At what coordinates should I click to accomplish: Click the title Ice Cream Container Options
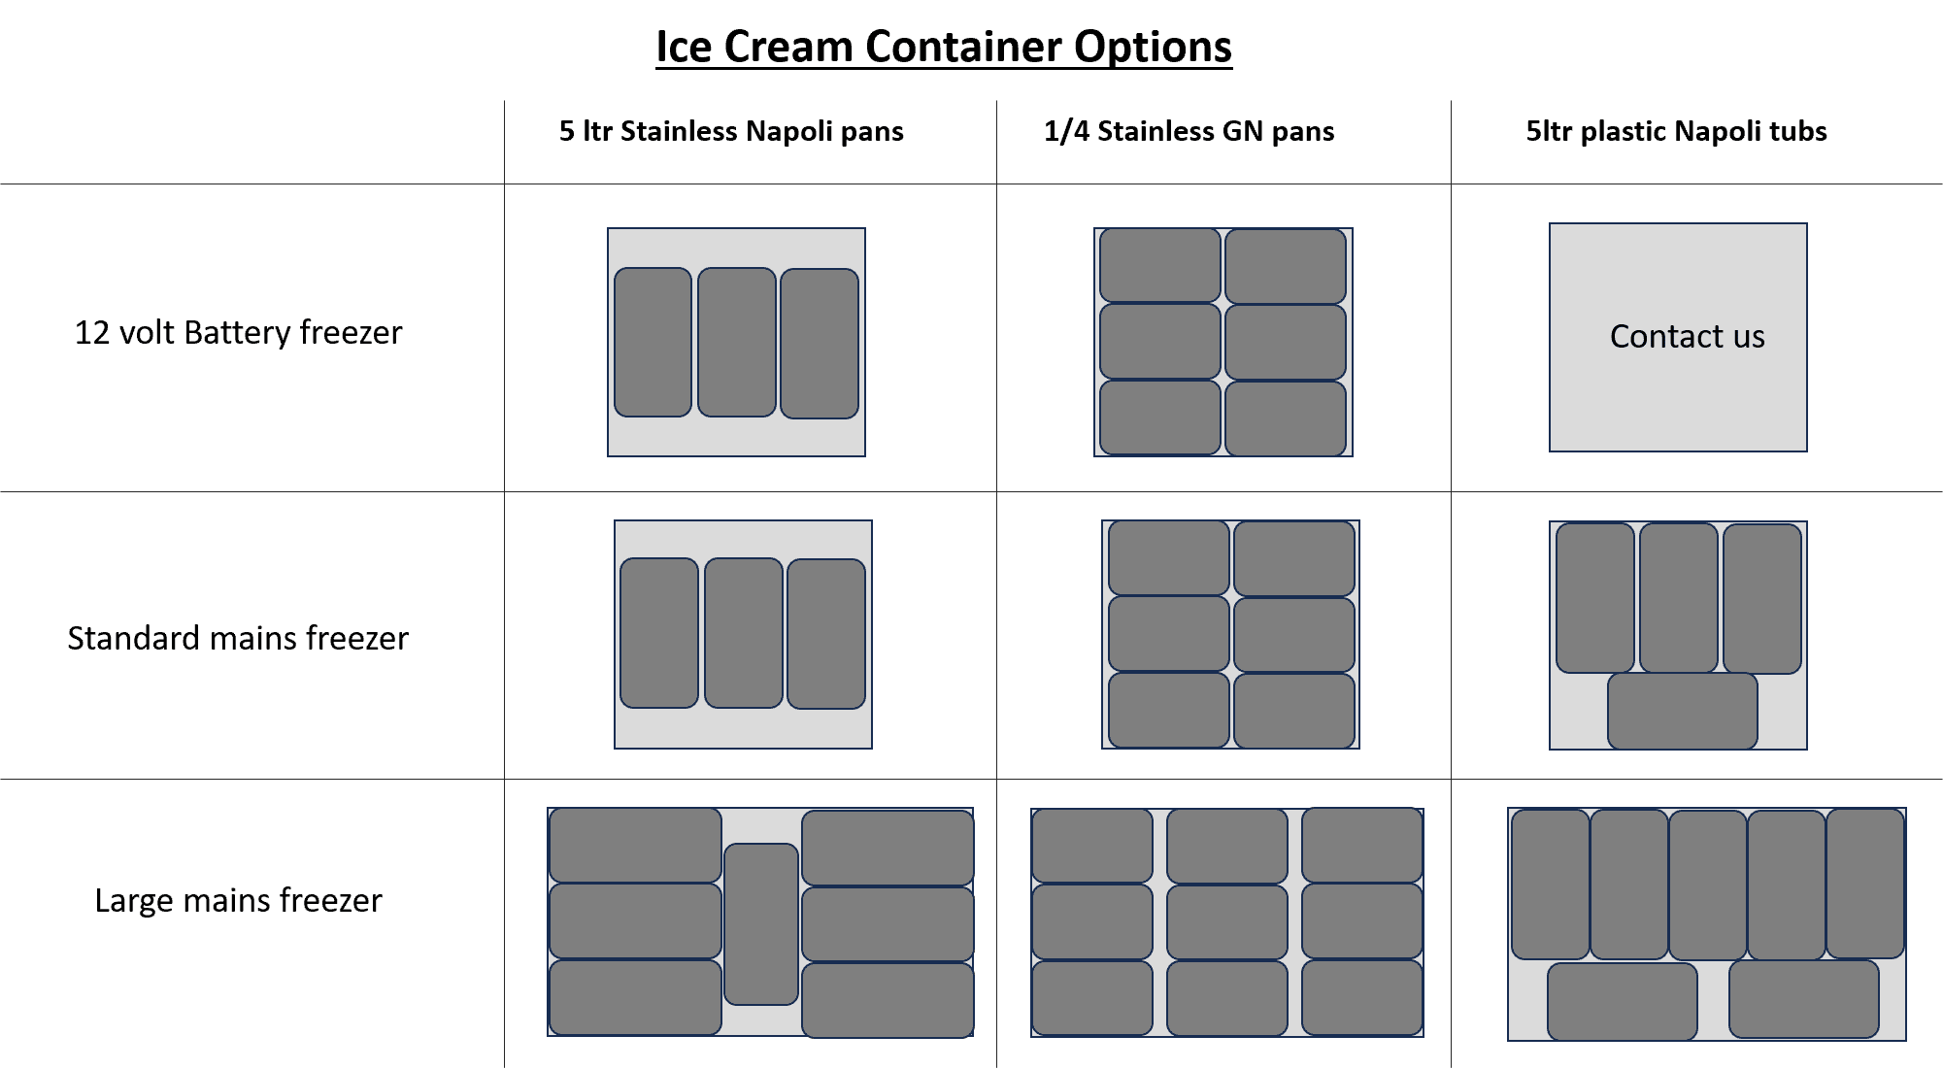coord(944,47)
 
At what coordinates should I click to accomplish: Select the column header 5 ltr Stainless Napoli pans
coord(731,131)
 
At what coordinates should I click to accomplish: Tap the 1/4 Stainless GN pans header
coord(1189,131)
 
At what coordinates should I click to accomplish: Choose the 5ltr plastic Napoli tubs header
coord(1676,131)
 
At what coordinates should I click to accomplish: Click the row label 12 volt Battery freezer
coord(238,332)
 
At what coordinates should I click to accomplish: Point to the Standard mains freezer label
coord(238,638)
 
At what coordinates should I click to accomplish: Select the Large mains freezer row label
coord(238,900)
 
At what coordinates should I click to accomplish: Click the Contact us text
coord(1687,336)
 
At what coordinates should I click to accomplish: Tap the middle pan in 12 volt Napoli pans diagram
coord(737,343)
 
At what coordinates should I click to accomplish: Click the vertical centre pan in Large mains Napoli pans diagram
coord(761,924)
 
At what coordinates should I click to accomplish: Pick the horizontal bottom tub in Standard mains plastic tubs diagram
coord(1683,711)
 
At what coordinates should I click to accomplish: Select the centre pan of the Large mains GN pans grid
coord(1227,922)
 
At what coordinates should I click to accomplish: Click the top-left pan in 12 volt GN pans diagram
coord(1160,265)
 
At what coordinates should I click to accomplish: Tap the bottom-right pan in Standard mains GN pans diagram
coord(1294,711)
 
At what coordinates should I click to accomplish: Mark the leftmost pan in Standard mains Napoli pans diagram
coord(659,633)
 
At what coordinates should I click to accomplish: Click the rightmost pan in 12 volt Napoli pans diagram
coord(820,344)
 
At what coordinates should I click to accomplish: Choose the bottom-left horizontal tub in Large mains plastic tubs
coord(1623,1002)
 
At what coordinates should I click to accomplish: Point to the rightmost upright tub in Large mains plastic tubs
coord(1865,884)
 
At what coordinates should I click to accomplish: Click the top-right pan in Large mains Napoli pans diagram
coord(888,848)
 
